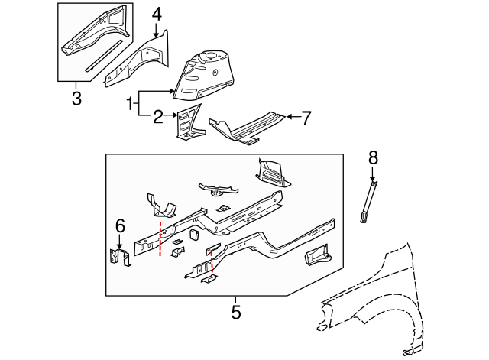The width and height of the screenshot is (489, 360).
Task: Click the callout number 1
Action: (130, 102)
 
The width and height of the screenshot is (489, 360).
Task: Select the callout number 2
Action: (159, 117)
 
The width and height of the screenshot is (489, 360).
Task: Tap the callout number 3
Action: (76, 98)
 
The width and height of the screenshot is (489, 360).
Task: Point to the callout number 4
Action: (157, 14)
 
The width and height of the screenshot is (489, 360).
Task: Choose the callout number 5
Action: (235, 312)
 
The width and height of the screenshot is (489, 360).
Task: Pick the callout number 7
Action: (306, 117)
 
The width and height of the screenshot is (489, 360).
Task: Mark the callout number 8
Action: (373, 158)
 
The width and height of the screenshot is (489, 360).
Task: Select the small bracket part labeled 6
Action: (119, 258)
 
